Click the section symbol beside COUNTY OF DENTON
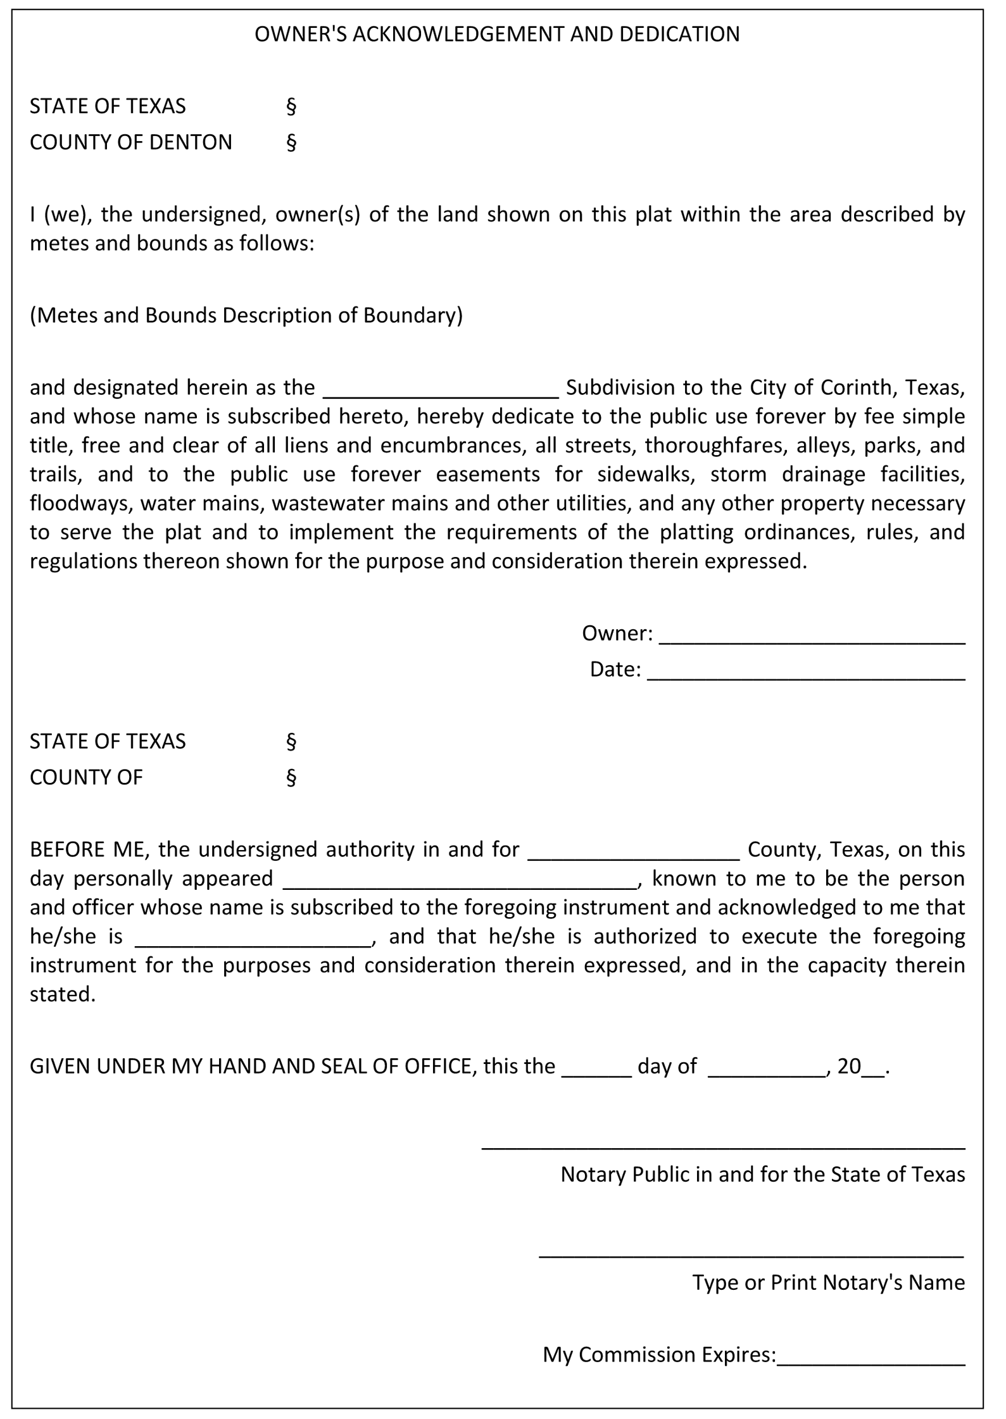pos(291,142)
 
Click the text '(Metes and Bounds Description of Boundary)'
pos(246,315)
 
